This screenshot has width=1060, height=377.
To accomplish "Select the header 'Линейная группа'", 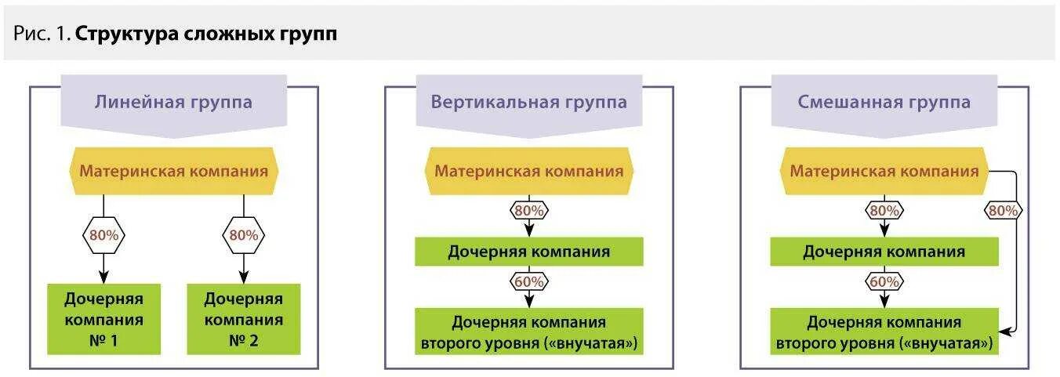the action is [x=173, y=102].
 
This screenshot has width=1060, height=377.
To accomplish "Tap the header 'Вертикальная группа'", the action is [x=528, y=102].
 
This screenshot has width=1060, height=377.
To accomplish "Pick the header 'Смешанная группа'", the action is [x=884, y=102].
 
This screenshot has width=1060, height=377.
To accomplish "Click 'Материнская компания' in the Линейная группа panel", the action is [x=173, y=171].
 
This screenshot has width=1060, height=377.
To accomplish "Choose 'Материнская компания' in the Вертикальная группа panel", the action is [x=528, y=171].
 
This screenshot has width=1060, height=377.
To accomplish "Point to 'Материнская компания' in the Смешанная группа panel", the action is [x=884, y=171].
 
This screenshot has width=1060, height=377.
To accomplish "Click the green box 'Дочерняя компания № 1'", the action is [x=103, y=319].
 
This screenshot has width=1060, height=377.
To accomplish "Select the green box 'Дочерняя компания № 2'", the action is [x=243, y=319].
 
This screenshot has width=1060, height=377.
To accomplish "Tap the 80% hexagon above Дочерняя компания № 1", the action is [x=103, y=234].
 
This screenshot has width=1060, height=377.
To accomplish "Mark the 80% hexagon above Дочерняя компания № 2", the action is [x=243, y=234].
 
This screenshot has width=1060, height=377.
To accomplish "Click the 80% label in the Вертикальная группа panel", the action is [x=529, y=210].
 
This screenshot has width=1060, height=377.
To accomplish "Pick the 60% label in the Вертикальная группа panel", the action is [x=529, y=281].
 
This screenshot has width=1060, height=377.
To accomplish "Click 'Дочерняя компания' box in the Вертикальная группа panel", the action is [x=528, y=252].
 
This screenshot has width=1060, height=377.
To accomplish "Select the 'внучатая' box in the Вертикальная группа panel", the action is [x=528, y=332].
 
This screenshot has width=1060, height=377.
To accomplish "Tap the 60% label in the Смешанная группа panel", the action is [x=884, y=281].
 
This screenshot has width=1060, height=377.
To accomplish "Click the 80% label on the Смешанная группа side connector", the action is [x=1004, y=210].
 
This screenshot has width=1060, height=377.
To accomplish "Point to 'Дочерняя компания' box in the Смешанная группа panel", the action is [x=884, y=252].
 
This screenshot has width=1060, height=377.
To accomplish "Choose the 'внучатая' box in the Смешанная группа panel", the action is [x=884, y=332].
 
